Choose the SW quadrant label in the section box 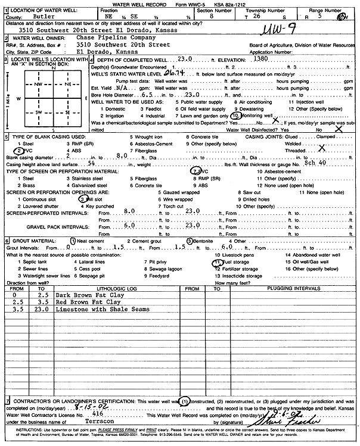39,112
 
